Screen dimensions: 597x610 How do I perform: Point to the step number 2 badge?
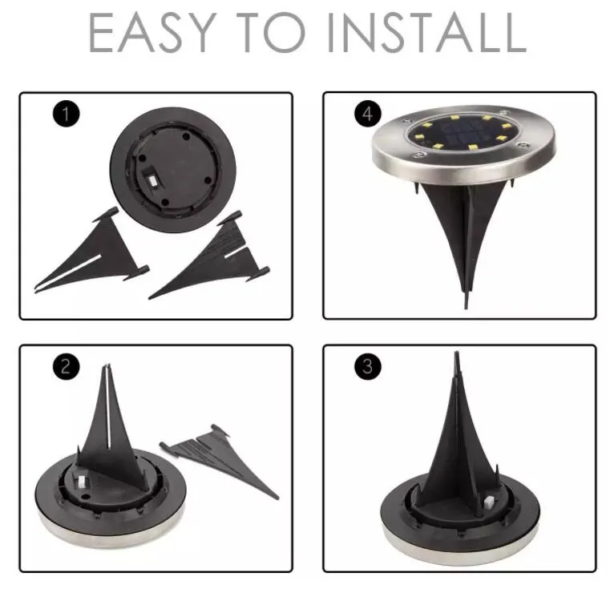point(66,368)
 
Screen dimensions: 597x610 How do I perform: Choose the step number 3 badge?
point(368,368)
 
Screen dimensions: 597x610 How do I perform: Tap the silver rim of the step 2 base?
point(112,533)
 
